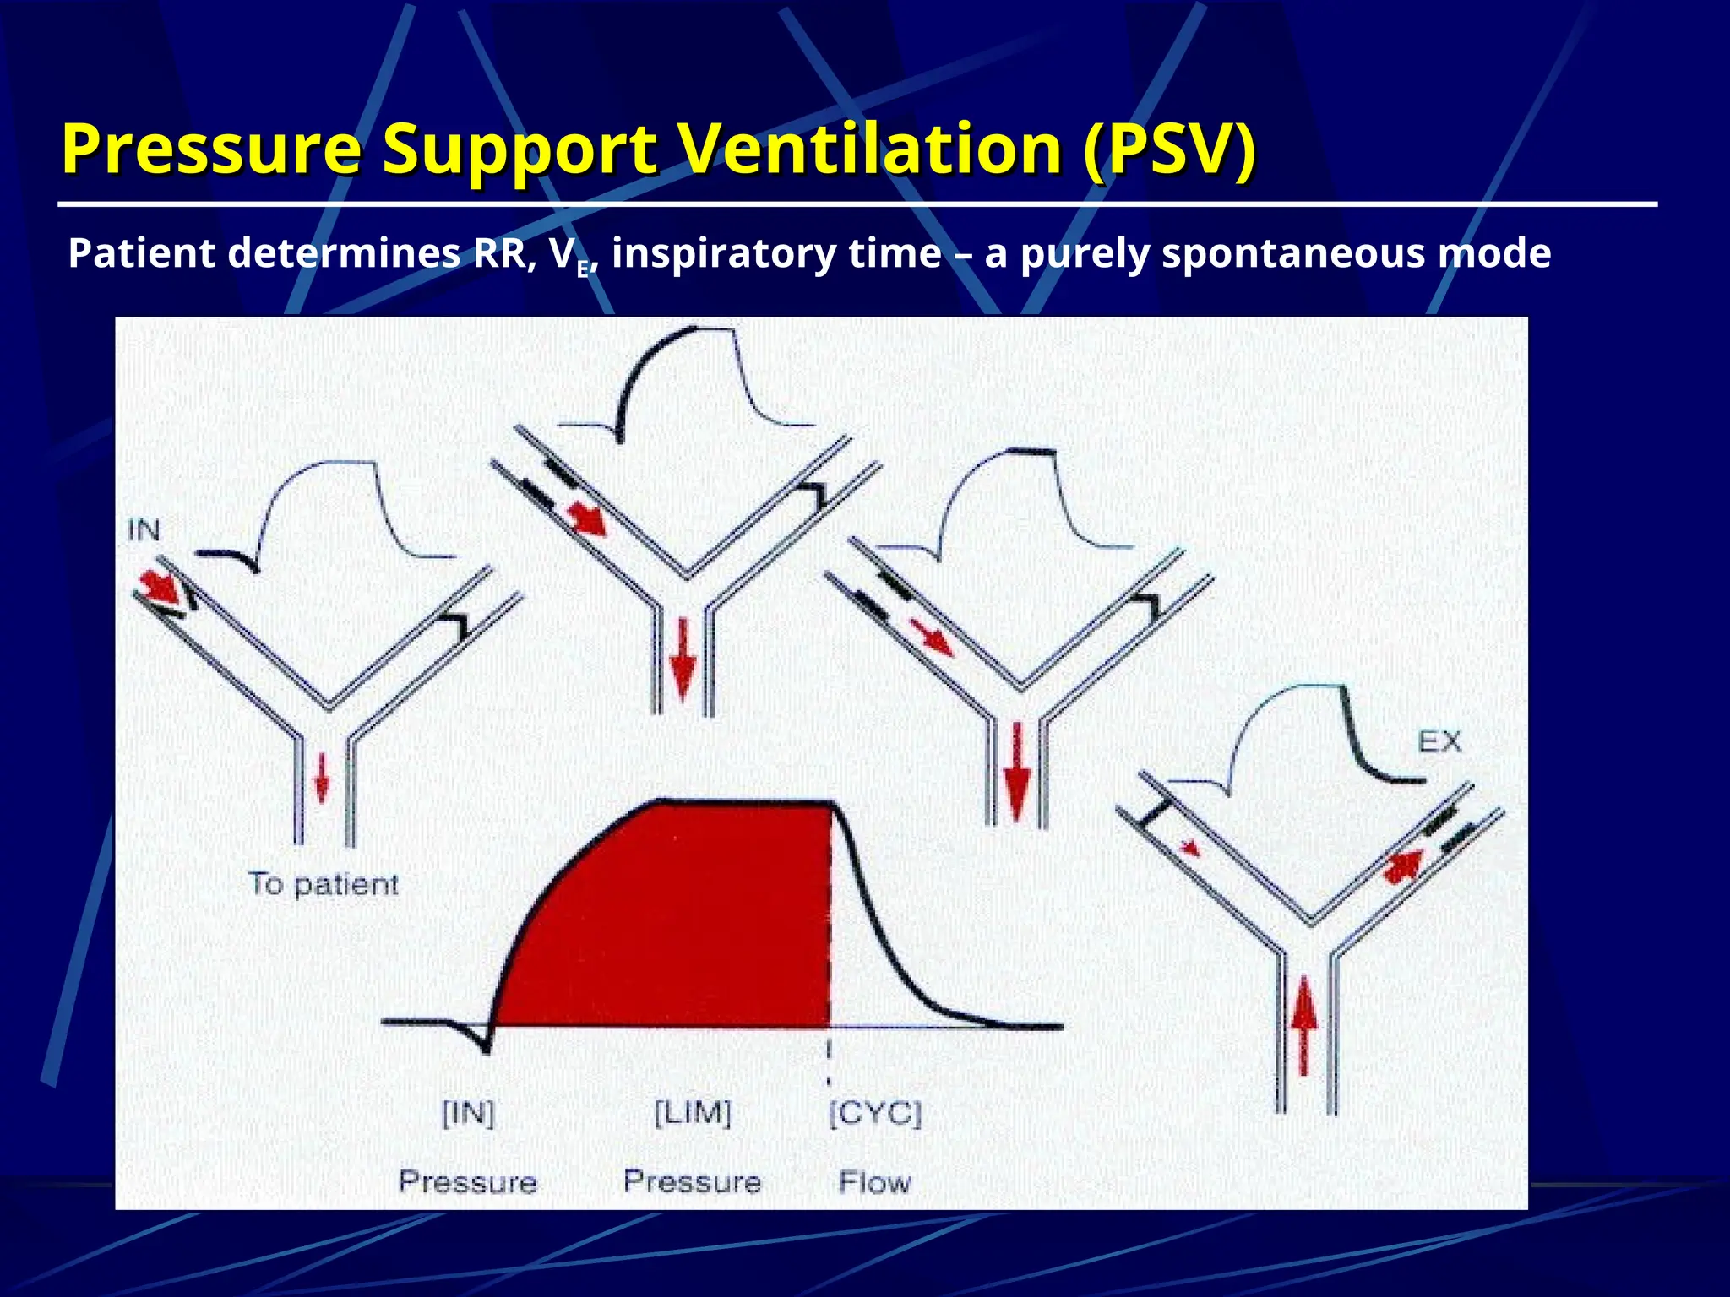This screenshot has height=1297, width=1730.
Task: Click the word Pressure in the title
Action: click(x=211, y=149)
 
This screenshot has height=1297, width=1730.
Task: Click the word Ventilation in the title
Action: click(x=870, y=149)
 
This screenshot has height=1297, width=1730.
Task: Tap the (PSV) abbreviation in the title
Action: click(x=1169, y=149)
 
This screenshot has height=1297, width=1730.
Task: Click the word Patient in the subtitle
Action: click(x=141, y=253)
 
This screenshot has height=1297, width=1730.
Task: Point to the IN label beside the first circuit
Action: click(x=144, y=530)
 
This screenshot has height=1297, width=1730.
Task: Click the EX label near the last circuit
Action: click(x=1439, y=742)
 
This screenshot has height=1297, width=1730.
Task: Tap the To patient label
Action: click(x=323, y=884)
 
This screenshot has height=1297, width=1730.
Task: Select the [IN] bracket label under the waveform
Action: click(x=468, y=1114)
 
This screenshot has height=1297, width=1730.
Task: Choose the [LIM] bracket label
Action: click(x=693, y=1112)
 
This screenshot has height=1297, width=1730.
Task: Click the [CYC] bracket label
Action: click(x=875, y=1114)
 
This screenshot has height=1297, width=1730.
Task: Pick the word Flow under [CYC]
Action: click(x=875, y=1182)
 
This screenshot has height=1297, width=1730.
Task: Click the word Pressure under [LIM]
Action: click(x=693, y=1181)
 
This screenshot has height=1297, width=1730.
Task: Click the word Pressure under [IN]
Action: click(x=468, y=1181)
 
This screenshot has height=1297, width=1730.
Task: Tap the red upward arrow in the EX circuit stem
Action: click(x=1305, y=1025)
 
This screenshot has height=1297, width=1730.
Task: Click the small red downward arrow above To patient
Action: click(x=322, y=778)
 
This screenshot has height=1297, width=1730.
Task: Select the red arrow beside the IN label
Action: click(x=158, y=586)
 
